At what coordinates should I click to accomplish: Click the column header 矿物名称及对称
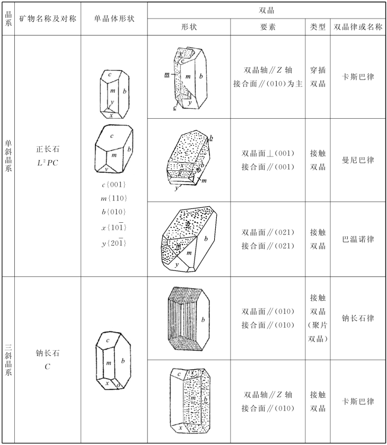(x=47, y=19)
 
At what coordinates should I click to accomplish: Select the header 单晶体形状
(x=113, y=19)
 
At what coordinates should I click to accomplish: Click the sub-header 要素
(x=268, y=27)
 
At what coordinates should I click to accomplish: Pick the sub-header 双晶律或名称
(x=358, y=27)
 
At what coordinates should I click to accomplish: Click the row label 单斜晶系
(x=8, y=155)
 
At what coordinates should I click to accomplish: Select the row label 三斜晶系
(x=8, y=360)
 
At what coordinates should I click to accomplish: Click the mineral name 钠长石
(x=47, y=353)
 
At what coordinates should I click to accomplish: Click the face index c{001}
(x=113, y=185)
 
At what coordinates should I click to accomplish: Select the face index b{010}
(x=113, y=212)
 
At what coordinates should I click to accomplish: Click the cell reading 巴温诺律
(x=358, y=239)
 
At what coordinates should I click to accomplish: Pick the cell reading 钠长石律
(x=358, y=318)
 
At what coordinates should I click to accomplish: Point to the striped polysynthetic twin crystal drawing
(x=188, y=318)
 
